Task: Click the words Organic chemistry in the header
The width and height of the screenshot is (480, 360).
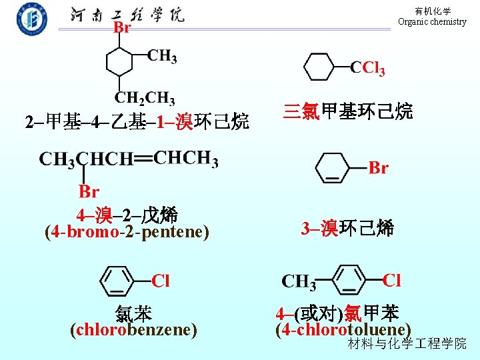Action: coord(432,22)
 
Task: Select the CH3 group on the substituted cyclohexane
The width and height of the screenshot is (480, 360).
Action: coord(162,56)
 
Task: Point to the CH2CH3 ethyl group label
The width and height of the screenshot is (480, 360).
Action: coord(145,98)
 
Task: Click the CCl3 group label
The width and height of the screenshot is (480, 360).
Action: coord(368,68)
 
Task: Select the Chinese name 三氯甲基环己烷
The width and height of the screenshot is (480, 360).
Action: coord(347,111)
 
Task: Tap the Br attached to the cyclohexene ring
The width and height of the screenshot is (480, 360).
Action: coord(378,168)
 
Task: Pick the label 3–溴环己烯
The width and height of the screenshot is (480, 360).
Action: coord(347,229)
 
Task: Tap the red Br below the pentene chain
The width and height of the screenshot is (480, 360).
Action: coord(89,192)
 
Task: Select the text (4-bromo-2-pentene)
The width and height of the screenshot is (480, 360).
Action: coord(127,233)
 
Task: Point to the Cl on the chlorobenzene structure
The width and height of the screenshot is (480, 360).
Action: coord(161,281)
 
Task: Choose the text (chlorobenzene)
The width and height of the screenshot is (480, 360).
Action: coord(133,329)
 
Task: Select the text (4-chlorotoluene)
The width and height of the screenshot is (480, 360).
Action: coord(343,329)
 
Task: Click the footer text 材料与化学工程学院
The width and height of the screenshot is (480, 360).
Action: coord(407,344)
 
